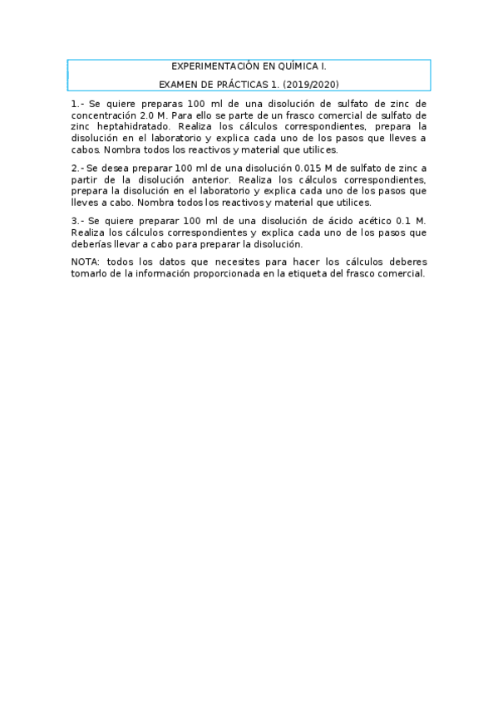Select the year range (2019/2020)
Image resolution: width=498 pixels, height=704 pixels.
311,84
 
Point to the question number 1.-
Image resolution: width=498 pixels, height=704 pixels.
77,103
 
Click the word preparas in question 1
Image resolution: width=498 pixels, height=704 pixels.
153,103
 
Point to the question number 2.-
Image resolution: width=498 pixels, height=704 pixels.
77,168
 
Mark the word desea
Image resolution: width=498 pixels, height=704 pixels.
117,168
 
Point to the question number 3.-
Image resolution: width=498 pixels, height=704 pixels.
77,220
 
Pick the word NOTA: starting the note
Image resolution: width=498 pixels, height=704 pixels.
86,262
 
